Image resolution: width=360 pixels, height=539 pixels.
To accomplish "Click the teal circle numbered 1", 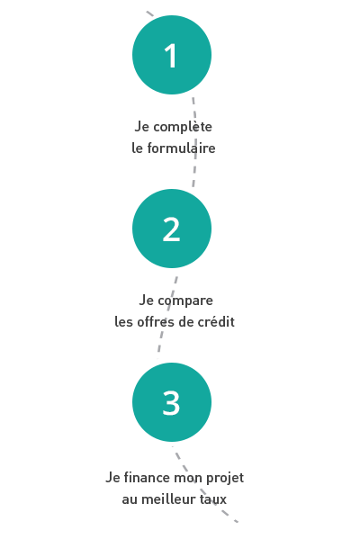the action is tap(172, 55).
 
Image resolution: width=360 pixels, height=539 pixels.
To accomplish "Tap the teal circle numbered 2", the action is tap(172, 229).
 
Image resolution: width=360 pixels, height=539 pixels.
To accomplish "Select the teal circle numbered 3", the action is tap(172, 402).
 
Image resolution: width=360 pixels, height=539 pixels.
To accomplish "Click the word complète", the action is tap(183, 127).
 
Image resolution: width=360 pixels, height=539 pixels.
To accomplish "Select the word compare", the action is tap(185, 301).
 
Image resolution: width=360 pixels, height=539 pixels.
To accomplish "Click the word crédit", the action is tap(216, 322).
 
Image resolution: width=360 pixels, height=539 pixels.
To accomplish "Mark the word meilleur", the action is tap(165, 499).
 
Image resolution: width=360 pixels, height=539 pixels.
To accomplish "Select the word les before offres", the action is tap(124, 322).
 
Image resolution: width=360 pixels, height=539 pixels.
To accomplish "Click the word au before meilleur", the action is tap(130, 499).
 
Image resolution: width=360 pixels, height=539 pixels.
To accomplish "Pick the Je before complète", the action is tap(141, 127).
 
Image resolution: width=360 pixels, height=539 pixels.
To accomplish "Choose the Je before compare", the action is tap(146, 300).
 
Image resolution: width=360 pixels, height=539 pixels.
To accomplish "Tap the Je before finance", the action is tap(112, 478).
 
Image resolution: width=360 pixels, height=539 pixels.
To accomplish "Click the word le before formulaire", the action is tap(137, 148).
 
